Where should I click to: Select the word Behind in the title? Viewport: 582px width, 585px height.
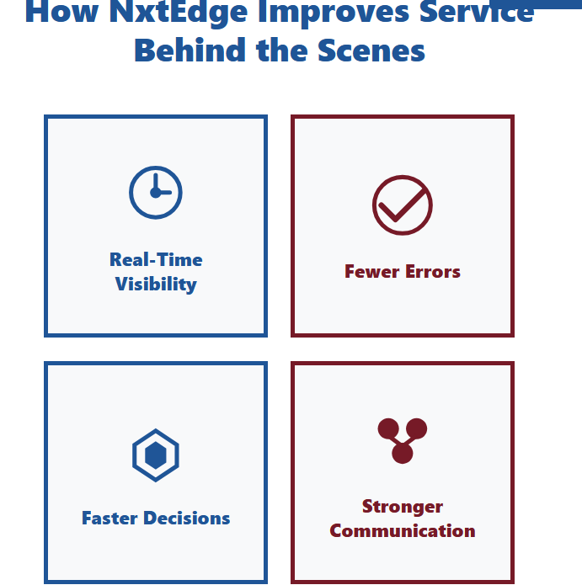pyautogui.click(x=190, y=50)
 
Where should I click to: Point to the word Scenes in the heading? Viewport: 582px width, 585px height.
pyautogui.click(x=371, y=51)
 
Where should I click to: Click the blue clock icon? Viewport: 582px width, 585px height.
pyautogui.click(x=156, y=193)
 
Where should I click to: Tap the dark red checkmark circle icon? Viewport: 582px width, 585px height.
pyautogui.click(x=403, y=205)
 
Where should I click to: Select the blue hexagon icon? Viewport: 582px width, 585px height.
pyautogui.click(x=156, y=455)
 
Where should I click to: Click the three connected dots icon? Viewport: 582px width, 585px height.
pyautogui.click(x=403, y=440)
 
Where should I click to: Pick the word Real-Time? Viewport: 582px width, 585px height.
pyautogui.click(x=156, y=259)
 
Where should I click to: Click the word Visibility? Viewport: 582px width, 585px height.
pyautogui.click(x=156, y=285)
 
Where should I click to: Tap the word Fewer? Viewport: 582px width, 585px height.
pyautogui.click(x=371, y=272)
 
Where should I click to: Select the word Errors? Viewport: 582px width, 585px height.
pyautogui.click(x=433, y=272)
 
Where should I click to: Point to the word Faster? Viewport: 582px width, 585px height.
pyautogui.click(x=109, y=519)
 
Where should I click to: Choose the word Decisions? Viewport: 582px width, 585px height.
pyautogui.click(x=187, y=519)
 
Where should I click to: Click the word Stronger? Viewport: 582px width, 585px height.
pyautogui.click(x=403, y=507)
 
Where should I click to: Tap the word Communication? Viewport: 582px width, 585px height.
pyautogui.click(x=403, y=531)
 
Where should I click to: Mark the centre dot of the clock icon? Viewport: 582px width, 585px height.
pyautogui.click(x=155, y=193)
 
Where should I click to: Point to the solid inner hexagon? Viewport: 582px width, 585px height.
pyautogui.click(x=156, y=455)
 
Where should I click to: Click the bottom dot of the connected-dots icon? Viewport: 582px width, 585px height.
pyautogui.click(x=403, y=454)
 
